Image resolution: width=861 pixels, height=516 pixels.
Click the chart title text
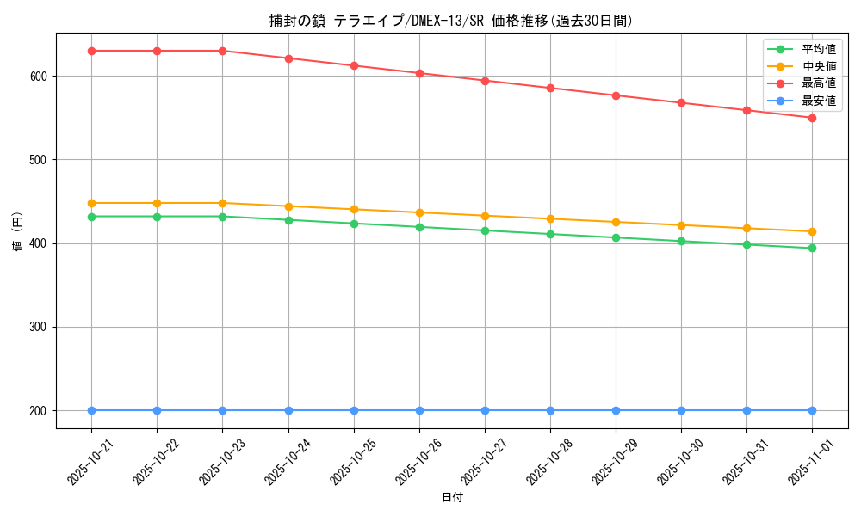[x=451, y=21]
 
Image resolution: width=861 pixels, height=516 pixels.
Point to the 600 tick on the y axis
[x=40, y=77]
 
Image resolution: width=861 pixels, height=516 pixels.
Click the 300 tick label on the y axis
[x=40, y=328]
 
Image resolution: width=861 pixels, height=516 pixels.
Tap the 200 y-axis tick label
[x=40, y=411]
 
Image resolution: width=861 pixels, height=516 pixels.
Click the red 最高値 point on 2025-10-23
[x=222, y=51]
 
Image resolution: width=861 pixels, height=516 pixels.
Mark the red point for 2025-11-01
[x=812, y=118]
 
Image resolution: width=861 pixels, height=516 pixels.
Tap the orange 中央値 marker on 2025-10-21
[x=91, y=203]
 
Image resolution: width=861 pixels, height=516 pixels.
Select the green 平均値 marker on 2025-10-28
[x=550, y=234]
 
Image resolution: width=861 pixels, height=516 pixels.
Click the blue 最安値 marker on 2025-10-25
[x=354, y=410]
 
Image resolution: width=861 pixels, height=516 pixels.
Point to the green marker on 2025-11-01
[x=812, y=248]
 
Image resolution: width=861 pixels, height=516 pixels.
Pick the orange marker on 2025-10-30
[x=681, y=225]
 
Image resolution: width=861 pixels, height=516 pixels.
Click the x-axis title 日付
[x=452, y=498]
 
